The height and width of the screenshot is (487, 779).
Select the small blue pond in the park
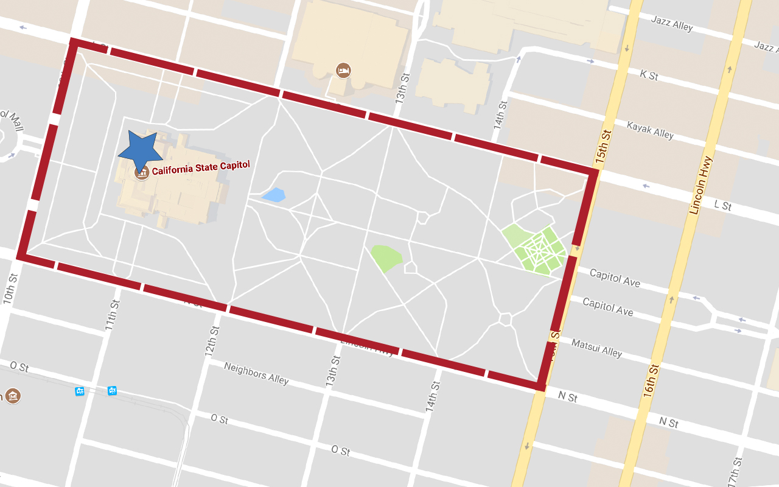pyautogui.click(x=274, y=195)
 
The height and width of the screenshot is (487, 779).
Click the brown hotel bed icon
pyautogui.click(x=343, y=70)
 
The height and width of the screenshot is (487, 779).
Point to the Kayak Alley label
pyautogui.click(x=651, y=130)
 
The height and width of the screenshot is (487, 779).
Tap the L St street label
pyautogui.click(x=722, y=205)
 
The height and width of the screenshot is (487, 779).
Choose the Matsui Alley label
pyautogui.click(x=596, y=348)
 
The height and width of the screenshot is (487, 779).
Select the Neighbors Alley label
pyautogui.click(x=256, y=373)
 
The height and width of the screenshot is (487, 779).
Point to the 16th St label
pyautogui.click(x=650, y=380)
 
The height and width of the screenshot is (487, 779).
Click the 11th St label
pyautogui.click(x=111, y=315)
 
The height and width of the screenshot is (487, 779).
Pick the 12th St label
pyautogui.click(x=212, y=341)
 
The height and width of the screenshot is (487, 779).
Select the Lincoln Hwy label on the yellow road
pyautogui.click(x=701, y=185)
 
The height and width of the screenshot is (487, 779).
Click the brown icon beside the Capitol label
pyautogui.click(x=142, y=172)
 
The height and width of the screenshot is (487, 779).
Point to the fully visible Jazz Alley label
pyautogui.click(x=672, y=24)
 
